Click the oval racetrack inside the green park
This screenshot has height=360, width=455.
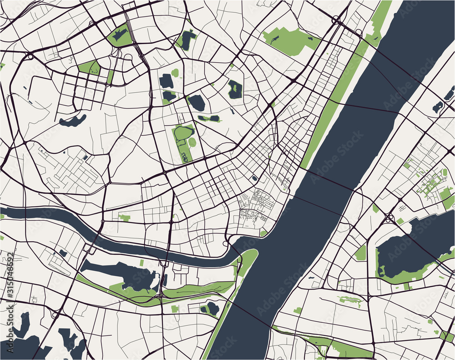click(183, 133)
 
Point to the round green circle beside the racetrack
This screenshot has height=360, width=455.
click(192, 142)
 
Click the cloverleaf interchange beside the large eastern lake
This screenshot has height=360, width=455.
click(390, 218)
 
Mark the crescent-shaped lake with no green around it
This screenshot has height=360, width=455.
click(73, 121)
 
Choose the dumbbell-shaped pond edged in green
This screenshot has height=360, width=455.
click(209, 119)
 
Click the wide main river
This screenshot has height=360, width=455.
click(318, 182)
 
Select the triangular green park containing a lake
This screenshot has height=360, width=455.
click(120, 35)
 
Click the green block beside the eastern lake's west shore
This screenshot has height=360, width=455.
click(360, 253)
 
